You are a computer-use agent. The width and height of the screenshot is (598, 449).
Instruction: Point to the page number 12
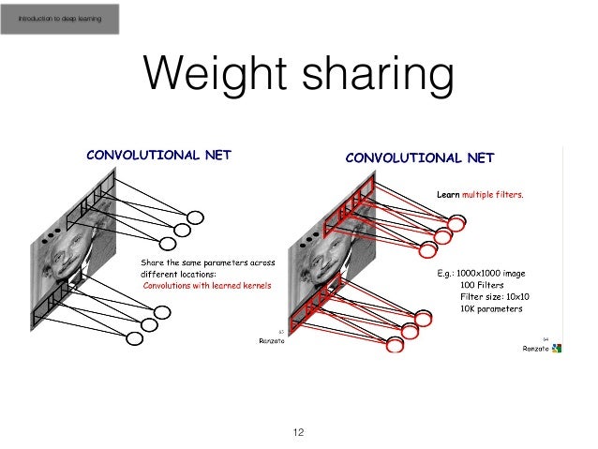click(x=299, y=433)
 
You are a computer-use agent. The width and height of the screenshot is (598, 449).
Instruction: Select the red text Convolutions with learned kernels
click(x=205, y=285)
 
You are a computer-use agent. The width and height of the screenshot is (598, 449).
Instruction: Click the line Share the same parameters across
click(x=207, y=263)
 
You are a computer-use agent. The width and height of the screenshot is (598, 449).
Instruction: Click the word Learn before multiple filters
click(x=449, y=196)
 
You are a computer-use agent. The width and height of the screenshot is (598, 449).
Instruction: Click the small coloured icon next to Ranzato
click(x=558, y=349)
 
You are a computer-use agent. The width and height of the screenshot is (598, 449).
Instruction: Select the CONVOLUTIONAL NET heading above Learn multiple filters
click(x=419, y=157)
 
